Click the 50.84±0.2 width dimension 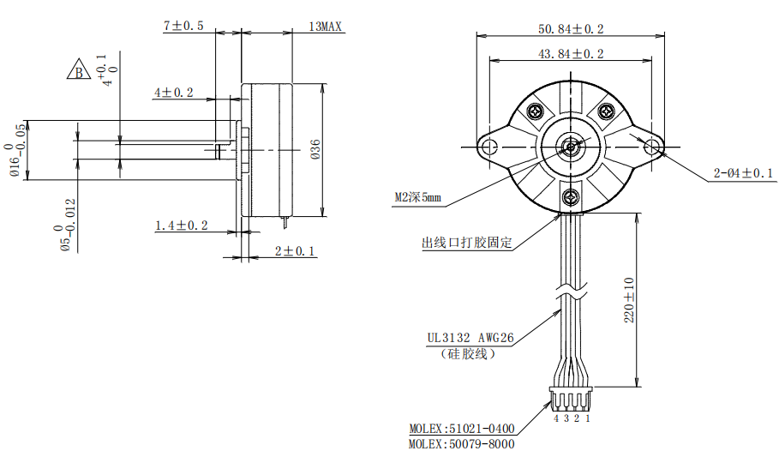(571, 29)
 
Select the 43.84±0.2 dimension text (571, 54)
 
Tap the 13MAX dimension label (326, 27)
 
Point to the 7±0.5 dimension (183, 26)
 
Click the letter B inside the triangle (79, 73)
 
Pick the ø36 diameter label (315, 149)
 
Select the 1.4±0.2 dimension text (182, 225)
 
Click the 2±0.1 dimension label (295, 250)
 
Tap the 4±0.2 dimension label (173, 93)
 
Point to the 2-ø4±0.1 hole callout (743, 173)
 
